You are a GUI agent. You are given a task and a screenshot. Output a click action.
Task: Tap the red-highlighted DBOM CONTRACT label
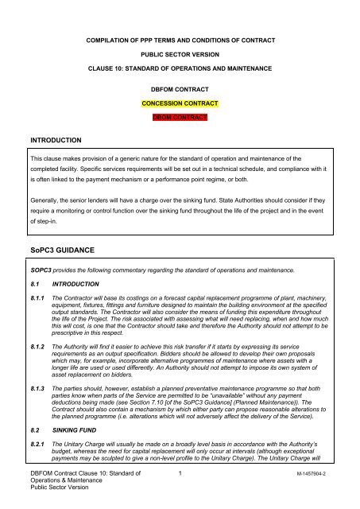point(180,117)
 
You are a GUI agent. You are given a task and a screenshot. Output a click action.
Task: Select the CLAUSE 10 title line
point(180,70)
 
